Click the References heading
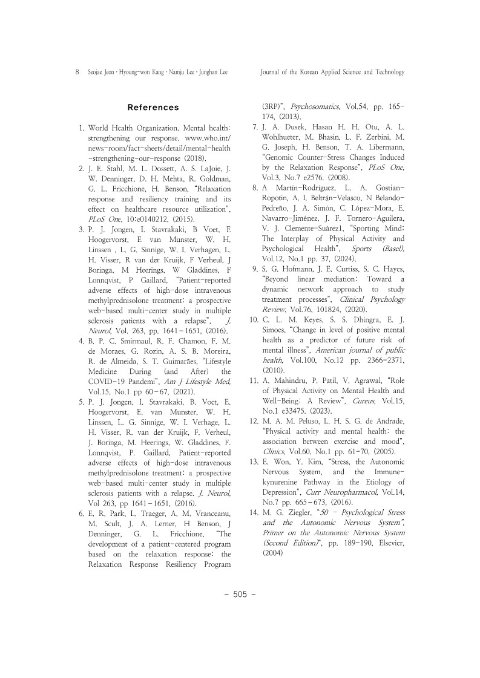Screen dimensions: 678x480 click(x=153, y=108)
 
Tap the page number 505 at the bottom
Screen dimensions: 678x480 click(x=240, y=594)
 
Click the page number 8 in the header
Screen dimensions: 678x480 click(x=76, y=72)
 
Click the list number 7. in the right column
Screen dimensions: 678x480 click(x=255, y=127)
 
